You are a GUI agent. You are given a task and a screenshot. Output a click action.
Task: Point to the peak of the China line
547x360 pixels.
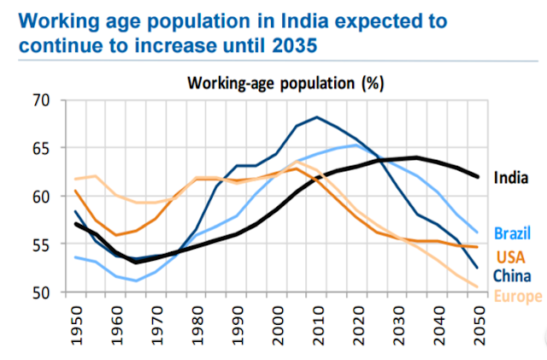click(317, 117)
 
